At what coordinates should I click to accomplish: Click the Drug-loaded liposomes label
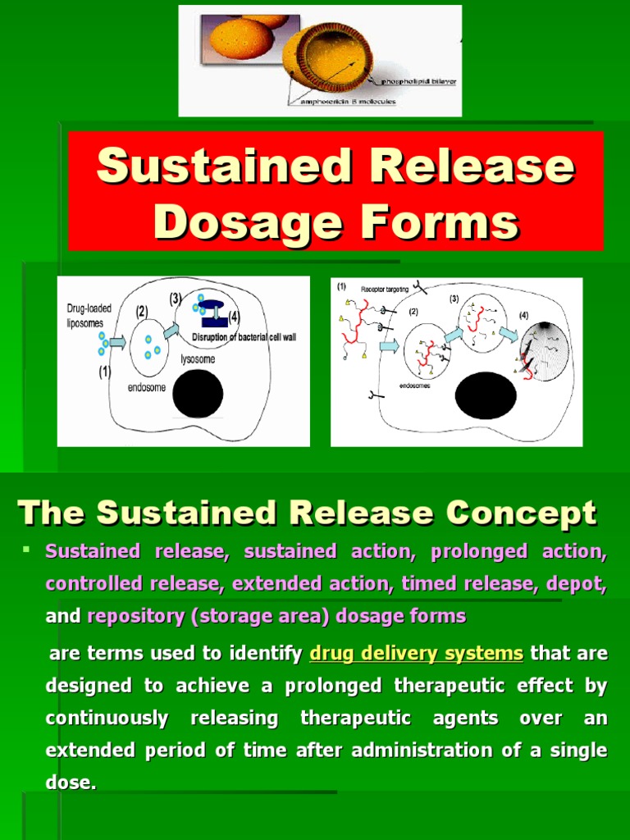(89, 315)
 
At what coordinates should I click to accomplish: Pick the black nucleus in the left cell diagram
(198, 393)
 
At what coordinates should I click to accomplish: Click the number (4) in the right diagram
(524, 315)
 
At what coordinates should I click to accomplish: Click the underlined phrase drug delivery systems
(416, 654)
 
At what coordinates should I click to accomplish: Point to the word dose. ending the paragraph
(71, 783)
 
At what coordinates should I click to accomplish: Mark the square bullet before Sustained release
(28, 548)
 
